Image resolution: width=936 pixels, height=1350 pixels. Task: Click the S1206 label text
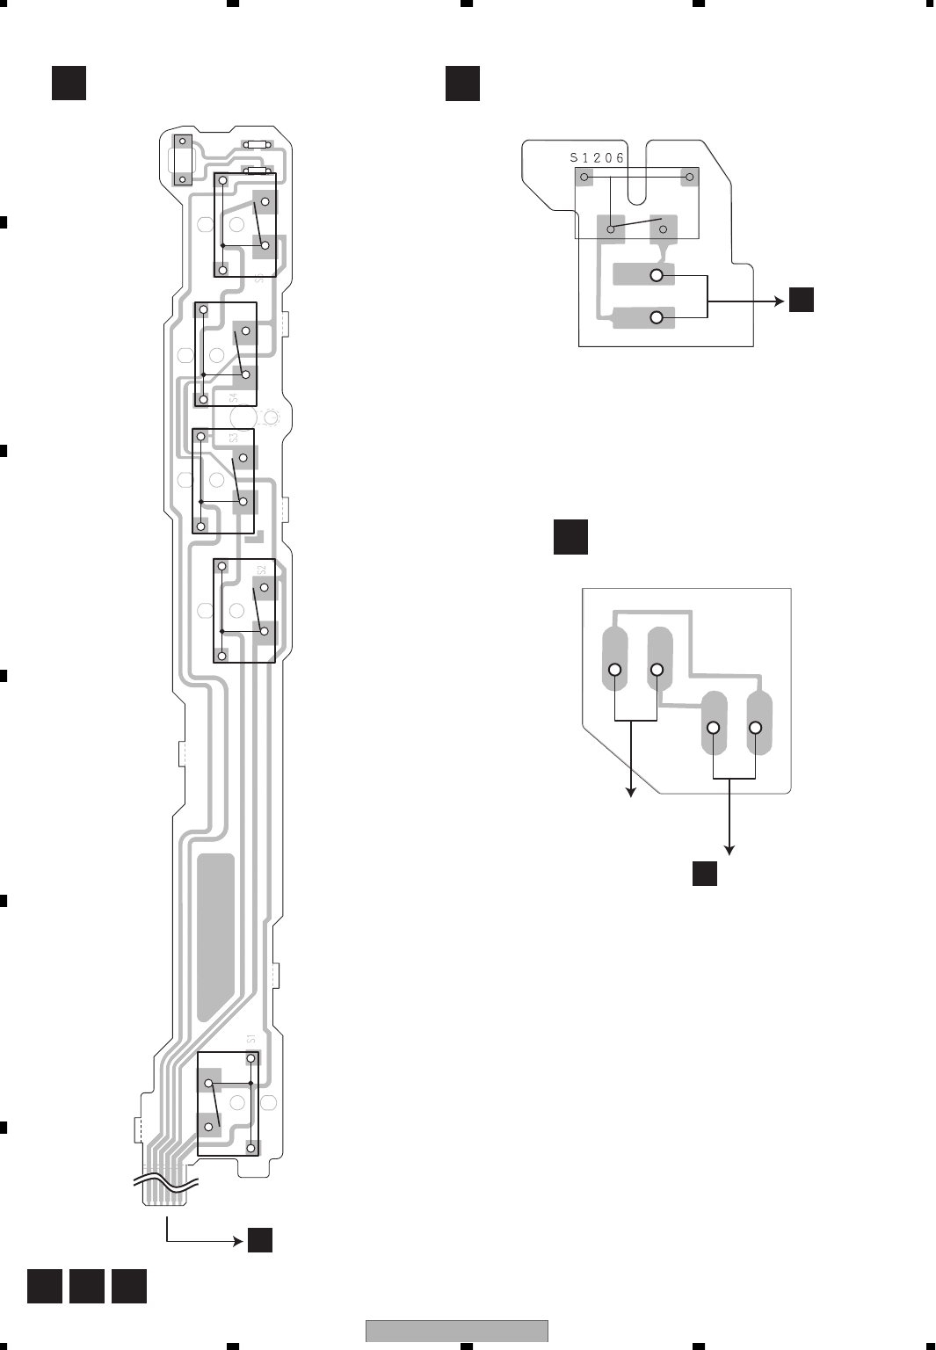pos(597,158)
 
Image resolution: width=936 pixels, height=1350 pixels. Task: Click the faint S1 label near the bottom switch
pos(251,1039)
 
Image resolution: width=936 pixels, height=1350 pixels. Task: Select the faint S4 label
pos(233,397)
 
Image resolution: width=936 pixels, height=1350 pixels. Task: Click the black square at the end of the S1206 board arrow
pos(801,300)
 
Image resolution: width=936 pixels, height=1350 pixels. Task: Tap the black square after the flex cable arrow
pos(260,1240)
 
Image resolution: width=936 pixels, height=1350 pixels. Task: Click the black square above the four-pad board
pos(570,537)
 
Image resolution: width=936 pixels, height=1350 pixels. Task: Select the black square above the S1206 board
pos(462,83)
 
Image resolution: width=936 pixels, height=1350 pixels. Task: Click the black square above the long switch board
pos(69,83)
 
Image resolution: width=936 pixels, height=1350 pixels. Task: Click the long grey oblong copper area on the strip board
pos(215,936)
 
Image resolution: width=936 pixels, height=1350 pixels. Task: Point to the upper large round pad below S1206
pos(657,275)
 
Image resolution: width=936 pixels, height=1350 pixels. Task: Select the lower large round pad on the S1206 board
pos(657,317)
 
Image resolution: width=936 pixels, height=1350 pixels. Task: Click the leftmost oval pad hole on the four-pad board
pos(615,670)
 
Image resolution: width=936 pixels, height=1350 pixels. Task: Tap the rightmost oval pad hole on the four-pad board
pos(755,728)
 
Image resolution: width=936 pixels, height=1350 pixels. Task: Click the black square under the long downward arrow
pos(705,874)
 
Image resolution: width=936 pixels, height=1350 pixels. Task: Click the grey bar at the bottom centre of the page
pos(457,1331)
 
